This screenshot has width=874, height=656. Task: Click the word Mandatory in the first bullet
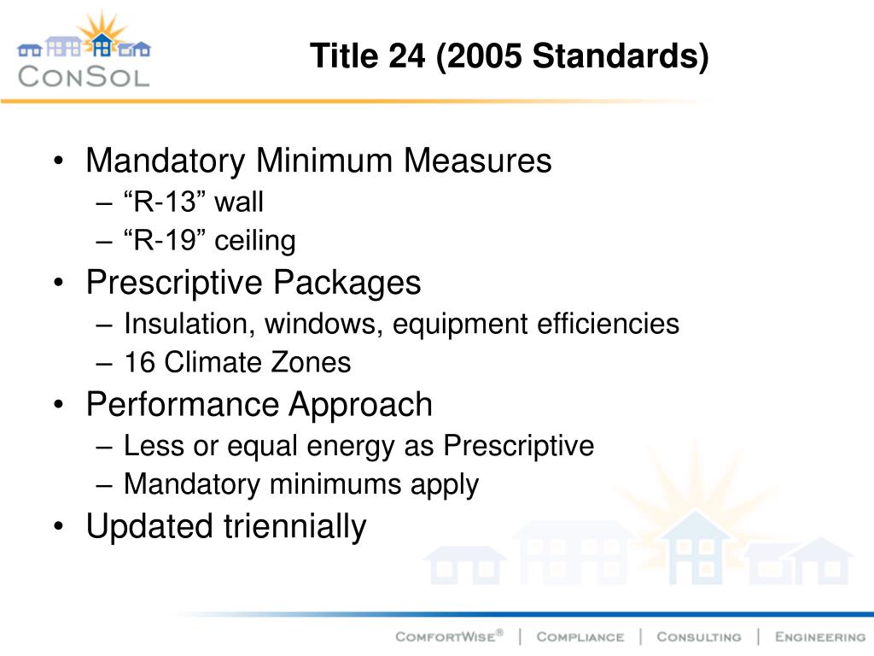point(166,161)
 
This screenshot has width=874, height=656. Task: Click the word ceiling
point(254,241)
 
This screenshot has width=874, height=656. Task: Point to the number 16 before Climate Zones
point(140,362)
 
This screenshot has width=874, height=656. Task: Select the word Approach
point(361,404)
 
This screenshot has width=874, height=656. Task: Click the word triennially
point(294,526)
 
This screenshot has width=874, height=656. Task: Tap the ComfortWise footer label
point(449,636)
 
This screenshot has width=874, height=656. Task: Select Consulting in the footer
point(698,636)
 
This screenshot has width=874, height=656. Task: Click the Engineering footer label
point(819,636)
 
